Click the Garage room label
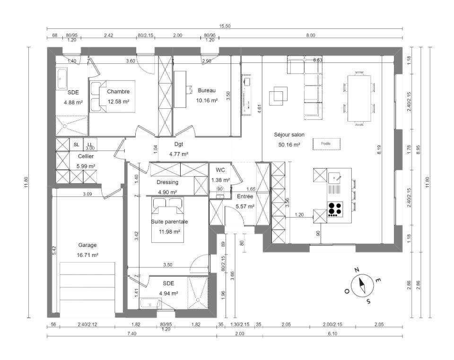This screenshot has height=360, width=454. [x=87, y=246]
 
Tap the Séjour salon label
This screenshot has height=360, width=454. [x=289, y=135]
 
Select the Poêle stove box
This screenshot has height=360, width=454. [x=326, y=144]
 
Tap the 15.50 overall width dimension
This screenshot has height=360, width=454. [x=225, y=26]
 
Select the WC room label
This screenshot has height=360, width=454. [x=220, y=170]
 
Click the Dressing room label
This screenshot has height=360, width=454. [x=167, y=183]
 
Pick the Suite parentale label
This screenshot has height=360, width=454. [x=169, y=222]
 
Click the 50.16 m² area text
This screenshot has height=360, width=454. [x=289, y=145]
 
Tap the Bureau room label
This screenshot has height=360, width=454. [x=207, y=91]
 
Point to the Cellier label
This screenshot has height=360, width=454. [x=86, y=157]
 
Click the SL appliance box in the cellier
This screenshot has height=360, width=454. [x=77, y=145]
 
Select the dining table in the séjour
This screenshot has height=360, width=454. [x=359, y=98]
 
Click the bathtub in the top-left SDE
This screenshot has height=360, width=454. [x=61, y=79]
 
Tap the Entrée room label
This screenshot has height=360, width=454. [x=245, y=197]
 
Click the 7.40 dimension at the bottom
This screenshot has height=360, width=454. [x=132, y=334]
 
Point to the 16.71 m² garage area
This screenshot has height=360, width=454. [x=87, y=255]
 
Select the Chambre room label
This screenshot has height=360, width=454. [x=118, y=92]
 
